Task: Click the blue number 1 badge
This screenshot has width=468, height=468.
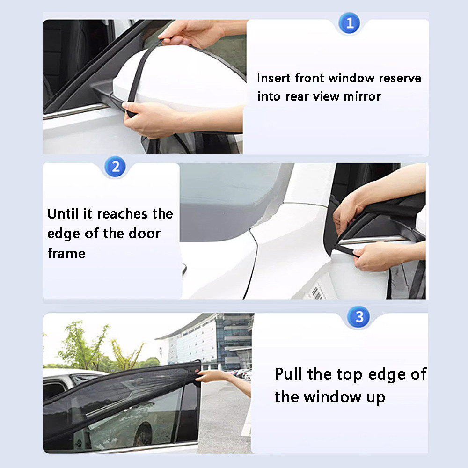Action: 349,23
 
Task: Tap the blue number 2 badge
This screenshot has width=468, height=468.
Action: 115,167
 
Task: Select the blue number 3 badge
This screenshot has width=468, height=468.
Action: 359,317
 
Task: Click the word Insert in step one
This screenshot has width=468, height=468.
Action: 273,78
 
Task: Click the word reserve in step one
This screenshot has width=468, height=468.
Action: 400,78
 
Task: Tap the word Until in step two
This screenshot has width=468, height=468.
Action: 63,214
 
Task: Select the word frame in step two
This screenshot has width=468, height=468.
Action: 66,254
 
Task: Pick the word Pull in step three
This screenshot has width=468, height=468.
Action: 289,374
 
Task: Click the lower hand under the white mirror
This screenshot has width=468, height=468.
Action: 154,119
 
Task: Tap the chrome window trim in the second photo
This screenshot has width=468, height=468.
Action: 374,240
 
